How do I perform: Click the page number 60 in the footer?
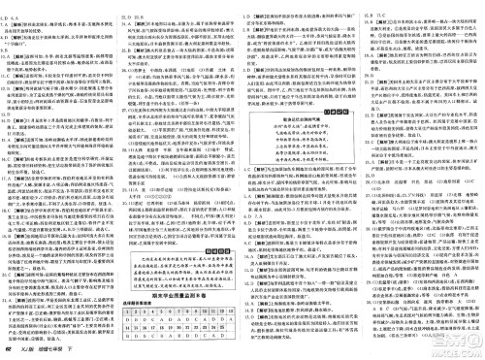click(9, 351)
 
